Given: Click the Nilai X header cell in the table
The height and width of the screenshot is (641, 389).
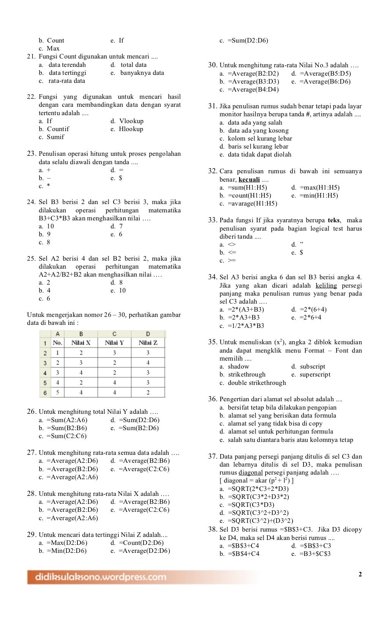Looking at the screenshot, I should tap(81, 343).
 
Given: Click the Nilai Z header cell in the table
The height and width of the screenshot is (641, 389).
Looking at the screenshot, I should tap(148, 343).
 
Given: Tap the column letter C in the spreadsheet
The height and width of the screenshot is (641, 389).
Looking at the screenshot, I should tap(114, 334).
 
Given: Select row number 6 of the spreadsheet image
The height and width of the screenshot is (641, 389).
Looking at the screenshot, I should tap(45, 393).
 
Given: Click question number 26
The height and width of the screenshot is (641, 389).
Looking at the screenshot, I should tap(32, 412).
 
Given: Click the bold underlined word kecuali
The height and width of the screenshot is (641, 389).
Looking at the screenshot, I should tap(249, 179).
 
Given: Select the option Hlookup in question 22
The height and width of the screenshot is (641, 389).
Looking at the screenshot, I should tap(131, 129).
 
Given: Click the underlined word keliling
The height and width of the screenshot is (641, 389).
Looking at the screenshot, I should tap(326, 285).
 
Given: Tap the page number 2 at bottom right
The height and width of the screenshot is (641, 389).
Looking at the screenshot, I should tap(360, 574).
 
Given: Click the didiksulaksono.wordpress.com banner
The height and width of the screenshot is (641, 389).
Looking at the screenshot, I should tap(101, 577).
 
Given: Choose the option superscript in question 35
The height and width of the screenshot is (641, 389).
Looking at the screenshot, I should tap(315, 374).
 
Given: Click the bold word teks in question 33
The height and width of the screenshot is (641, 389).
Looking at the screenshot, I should tap(334, 220).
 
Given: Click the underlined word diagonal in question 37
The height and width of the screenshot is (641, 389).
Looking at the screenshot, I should tap(251, 472).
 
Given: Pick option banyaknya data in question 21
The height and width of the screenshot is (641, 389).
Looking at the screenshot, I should tap(142, 73).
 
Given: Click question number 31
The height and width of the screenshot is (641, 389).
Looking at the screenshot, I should tap(213, 106).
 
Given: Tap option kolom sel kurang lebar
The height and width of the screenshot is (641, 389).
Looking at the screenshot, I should tap(260, 138).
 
